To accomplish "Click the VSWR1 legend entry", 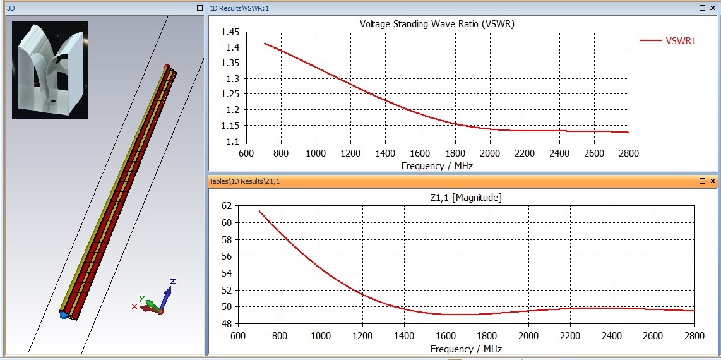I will click(681, 40).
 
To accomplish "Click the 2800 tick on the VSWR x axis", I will click(629, 153).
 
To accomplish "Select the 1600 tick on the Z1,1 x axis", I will click(446, 335).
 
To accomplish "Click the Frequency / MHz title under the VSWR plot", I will click(437, 166).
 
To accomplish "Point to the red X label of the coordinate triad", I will click(134, 306).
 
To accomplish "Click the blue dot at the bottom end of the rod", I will click(63, 314).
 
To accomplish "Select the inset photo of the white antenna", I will click(50, 69).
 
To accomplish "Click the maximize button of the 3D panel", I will click(200, 8).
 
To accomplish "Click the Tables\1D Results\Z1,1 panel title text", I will click(244, 181).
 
